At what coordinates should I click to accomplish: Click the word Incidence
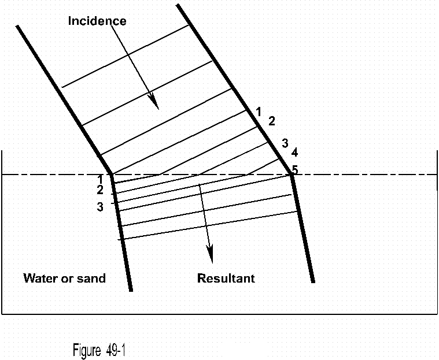pos(97,21)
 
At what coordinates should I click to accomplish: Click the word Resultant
pos(226,279)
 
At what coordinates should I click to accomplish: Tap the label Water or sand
pos(64,279)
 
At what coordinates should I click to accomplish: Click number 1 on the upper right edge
pos(259,111)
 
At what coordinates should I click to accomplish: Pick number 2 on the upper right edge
pos(272,121)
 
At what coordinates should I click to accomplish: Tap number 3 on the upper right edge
pos(285,143)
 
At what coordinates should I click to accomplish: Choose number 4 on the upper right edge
pos(294,153)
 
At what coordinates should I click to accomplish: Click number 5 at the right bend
pos(295,170)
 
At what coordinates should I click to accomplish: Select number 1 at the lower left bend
pos(100,179)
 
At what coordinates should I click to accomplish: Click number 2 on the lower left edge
pos(100,190)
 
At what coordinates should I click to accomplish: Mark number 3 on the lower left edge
pos(100,206)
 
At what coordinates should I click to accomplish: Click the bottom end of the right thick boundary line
pos(313,281)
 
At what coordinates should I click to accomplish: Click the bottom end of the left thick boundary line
pos(131,290)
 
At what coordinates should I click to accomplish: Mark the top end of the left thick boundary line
pos(18,26)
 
